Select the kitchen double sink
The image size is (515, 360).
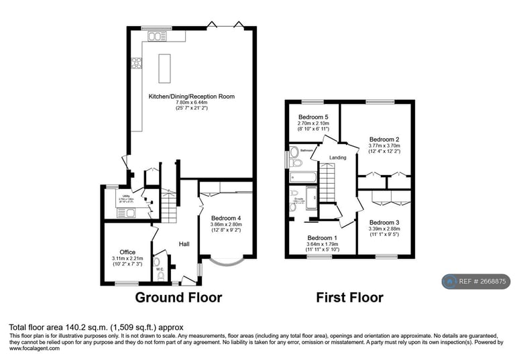coord(157,36)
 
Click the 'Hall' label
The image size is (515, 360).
coord(184,244)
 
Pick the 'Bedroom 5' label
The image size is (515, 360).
coord(313,117)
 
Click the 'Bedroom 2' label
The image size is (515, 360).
coord(384,139)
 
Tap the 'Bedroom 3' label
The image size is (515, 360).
coord(384,223)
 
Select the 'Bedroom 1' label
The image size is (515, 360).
coord(323,238)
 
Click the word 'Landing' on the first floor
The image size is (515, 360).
coord(338,158)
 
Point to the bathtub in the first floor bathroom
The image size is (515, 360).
coord(303,177)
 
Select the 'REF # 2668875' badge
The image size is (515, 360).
coord(475,282)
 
